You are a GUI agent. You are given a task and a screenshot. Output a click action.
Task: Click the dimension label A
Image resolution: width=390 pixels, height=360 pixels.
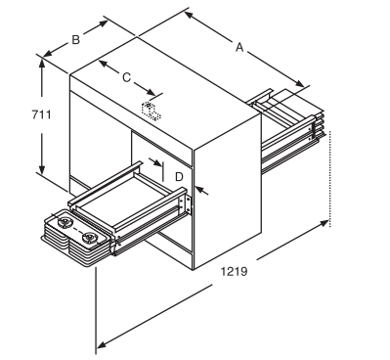(x=239, y=48)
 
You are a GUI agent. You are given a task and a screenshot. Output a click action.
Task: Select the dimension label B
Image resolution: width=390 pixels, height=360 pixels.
(x=75, y=40)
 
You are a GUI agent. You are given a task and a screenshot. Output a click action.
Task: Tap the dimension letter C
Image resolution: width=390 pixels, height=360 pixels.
(x=126, y=77)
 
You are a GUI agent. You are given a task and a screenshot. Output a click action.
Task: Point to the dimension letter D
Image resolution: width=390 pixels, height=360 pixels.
(x=179, y=177)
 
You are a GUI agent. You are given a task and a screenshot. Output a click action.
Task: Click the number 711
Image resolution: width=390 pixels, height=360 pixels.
(x=42, y=114)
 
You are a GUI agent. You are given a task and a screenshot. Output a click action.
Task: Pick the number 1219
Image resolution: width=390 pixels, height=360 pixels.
(x=235, y=271)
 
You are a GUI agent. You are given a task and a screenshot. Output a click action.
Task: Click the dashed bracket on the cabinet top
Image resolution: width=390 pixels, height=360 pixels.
(x=151, y=111)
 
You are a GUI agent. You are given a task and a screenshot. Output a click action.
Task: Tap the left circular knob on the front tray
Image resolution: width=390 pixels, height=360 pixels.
(x=65, y=223)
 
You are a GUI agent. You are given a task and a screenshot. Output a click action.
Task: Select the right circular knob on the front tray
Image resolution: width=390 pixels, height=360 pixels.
(x=89, y=238)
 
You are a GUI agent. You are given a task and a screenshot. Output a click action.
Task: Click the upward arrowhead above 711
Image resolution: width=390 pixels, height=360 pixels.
(x=42, y=64)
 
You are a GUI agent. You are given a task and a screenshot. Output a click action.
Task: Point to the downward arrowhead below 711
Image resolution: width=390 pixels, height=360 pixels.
(x=42, y=168)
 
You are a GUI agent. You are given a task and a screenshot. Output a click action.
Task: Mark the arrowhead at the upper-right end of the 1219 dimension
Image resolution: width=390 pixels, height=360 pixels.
(x=324, y=223)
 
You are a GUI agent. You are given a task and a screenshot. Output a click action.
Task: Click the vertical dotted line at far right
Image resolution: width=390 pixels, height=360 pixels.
(x=330, y=179)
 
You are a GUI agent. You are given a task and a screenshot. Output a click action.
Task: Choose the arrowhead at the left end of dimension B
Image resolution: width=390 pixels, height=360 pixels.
(x=48, y=53)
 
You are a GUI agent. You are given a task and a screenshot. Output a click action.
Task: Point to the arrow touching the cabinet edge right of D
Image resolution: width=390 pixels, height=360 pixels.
(x=202, y=191)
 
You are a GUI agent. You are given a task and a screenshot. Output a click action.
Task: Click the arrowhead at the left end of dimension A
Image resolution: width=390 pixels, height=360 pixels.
(x=190, y=16)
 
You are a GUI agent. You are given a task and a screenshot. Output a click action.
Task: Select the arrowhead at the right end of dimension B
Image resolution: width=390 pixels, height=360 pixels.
(x=102, y=23)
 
